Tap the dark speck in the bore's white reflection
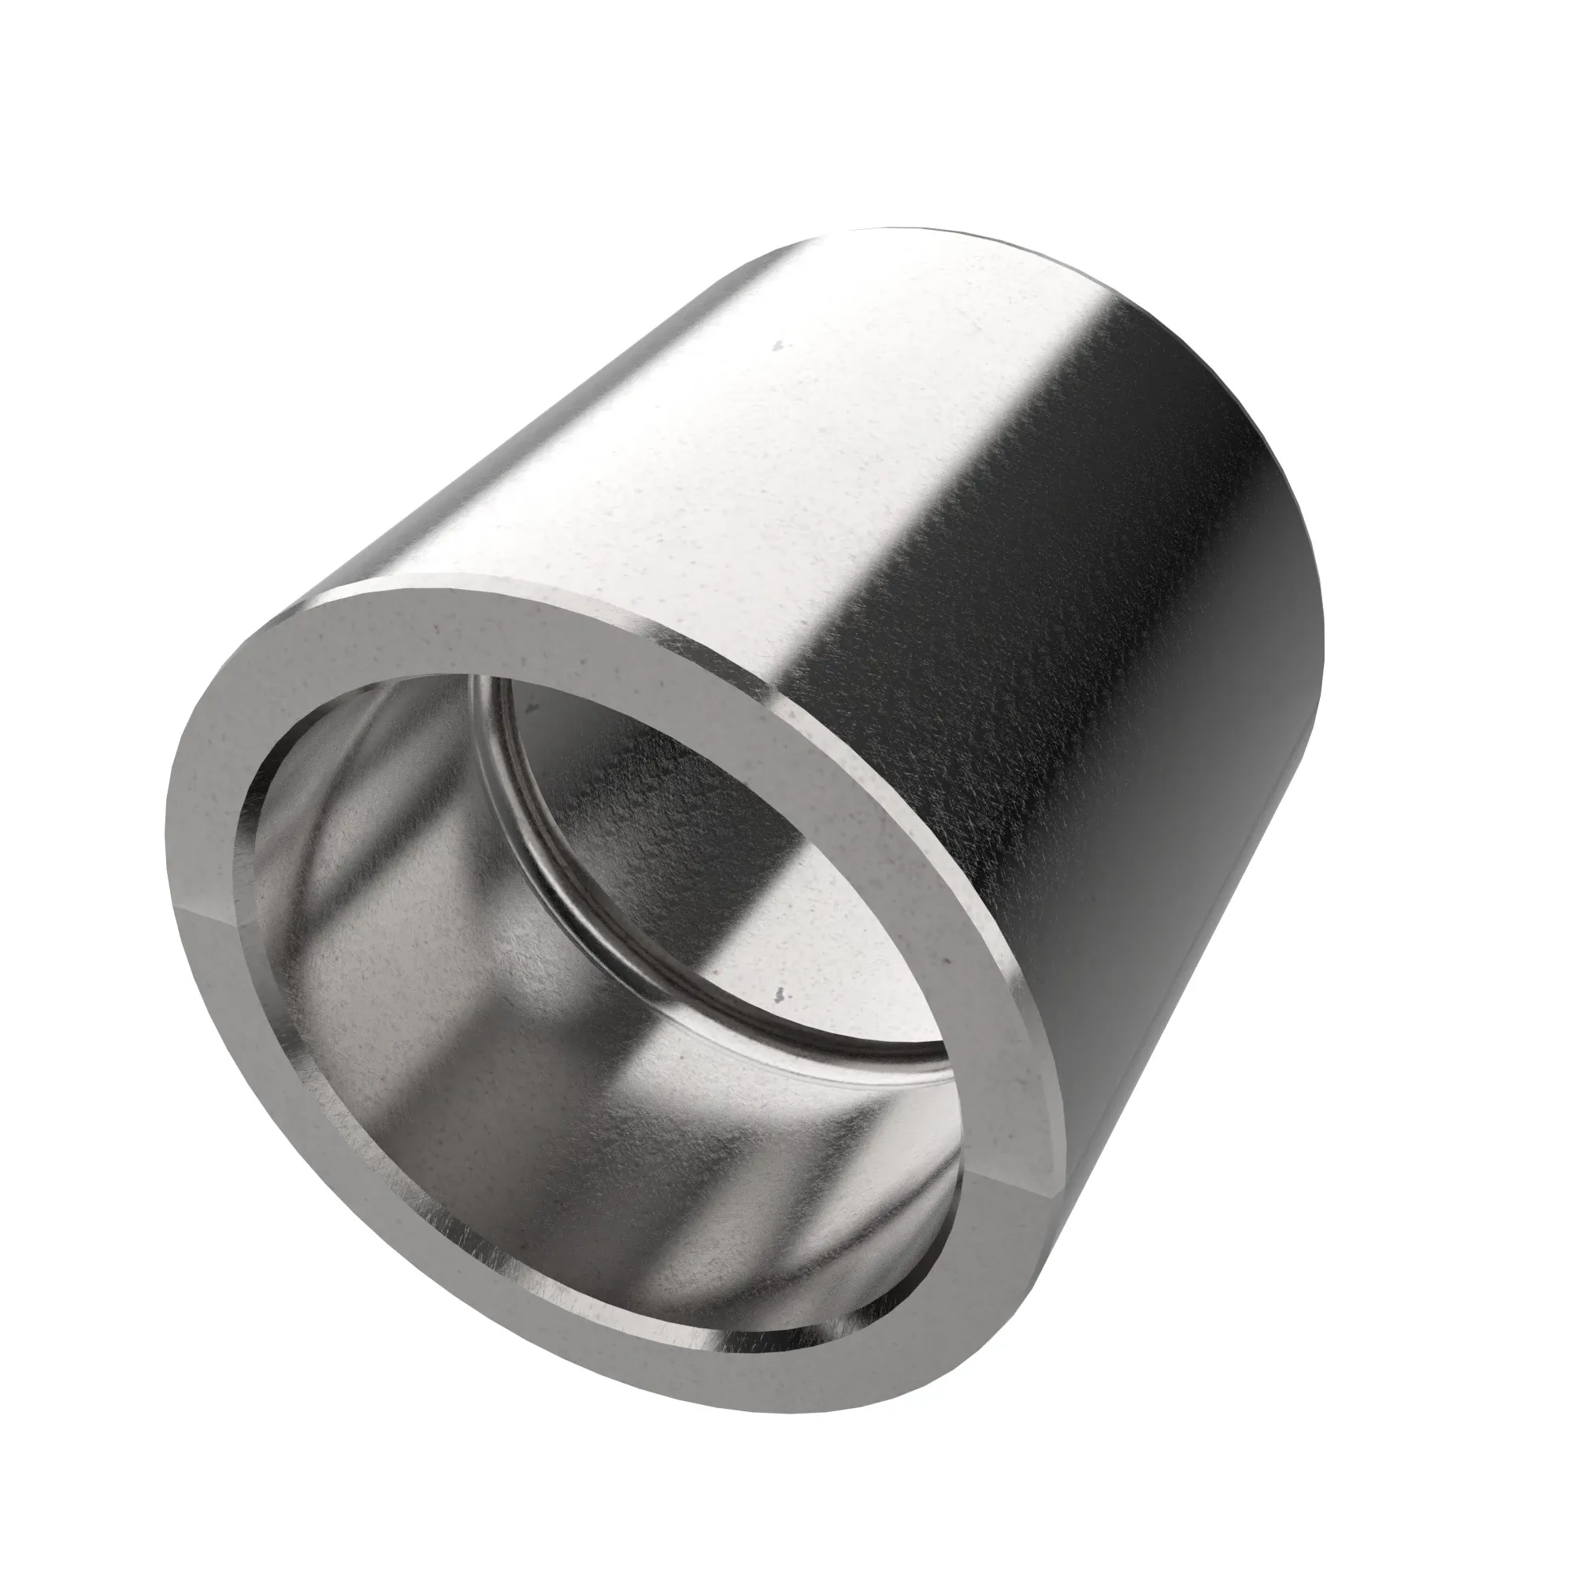click(x=781, y=994)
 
